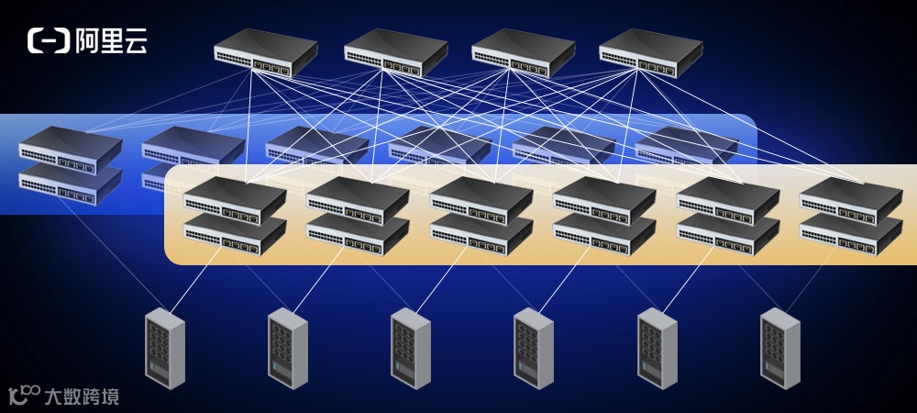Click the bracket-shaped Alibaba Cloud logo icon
49,40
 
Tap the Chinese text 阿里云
110,40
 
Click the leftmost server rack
165,349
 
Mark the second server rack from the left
288,349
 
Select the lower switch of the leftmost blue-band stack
71,182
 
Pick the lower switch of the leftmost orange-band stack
235,235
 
